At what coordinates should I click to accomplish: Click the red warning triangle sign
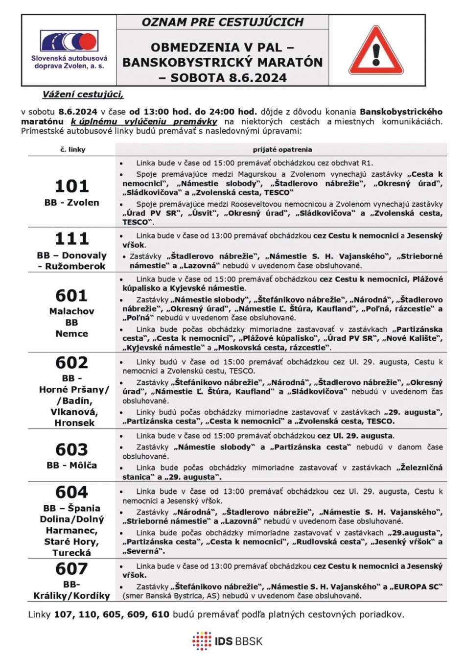[376, 51]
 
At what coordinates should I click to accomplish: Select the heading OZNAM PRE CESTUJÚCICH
[222, 22]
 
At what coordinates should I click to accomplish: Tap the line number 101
[71, 186]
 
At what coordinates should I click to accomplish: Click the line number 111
[71, 238]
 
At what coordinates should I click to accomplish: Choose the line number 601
[71, 296]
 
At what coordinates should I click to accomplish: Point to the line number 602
[71, 363]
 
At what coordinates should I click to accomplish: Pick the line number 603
[71, 449]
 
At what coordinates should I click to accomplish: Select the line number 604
[71, 492]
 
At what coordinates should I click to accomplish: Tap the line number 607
[71, 569]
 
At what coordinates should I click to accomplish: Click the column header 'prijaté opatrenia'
[282, 149]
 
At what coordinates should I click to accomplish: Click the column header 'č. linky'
[72, 149]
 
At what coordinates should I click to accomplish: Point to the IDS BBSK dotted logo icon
[201, 641]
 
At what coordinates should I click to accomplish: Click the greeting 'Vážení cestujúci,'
[83, 94]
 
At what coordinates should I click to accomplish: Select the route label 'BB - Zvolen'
[71, 203]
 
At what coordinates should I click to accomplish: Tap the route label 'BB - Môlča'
[71, 465]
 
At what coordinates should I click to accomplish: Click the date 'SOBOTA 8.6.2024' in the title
[229, 78]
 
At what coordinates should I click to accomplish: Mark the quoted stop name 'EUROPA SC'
[418, 587]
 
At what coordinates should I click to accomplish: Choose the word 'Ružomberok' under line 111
[75, 266]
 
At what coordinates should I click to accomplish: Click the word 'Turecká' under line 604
[71, 553]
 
